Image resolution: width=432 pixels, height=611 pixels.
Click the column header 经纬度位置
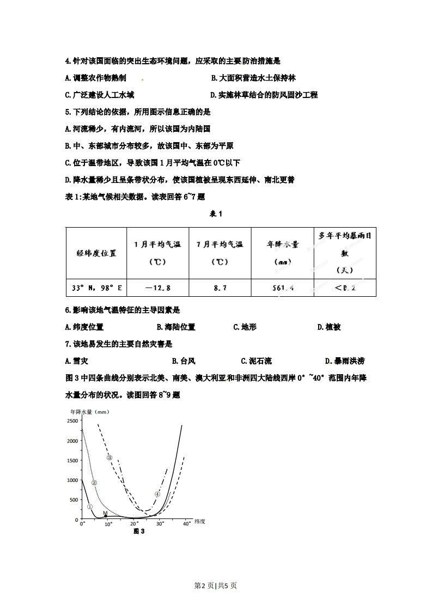click(96, 253)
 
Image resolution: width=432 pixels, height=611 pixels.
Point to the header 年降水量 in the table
click(282, 245)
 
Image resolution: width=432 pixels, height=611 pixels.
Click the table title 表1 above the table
click(216, 213)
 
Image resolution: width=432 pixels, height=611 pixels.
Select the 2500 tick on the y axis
click(72, 421)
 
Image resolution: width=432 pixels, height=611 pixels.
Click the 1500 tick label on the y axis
click(72, 461)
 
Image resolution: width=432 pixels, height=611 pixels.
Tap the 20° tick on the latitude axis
click(134, 524)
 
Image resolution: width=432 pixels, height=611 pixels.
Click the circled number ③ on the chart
click(109, 457)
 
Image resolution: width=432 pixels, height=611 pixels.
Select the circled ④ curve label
click(157, 494)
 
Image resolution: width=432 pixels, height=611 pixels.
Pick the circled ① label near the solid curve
click(89, 506)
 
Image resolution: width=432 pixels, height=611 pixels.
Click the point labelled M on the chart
click(105, 515)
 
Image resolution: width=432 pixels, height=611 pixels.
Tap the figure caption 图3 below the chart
click(139, 532)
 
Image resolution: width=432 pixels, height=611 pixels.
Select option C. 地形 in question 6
click(245, 327)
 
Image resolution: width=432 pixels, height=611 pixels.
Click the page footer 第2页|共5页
click(216, 585)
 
